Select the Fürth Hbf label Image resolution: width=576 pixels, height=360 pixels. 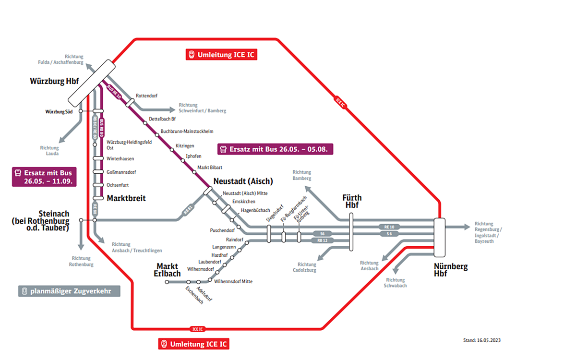(352, 201)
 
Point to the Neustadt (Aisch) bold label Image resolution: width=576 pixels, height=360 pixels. (243, 181)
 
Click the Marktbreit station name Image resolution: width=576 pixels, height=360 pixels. (126, 198)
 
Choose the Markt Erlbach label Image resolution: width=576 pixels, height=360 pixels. (167, 270)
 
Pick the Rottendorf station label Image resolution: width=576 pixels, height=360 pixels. (146, 95)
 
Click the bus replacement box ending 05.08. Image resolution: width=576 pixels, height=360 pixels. (275, 149)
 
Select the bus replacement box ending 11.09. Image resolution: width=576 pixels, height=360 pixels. (44, 177)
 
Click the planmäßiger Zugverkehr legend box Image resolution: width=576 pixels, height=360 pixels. (69, 291)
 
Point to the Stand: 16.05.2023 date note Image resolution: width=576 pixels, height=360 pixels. (482, 340)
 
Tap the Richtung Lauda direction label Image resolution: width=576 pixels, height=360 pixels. (49, 151)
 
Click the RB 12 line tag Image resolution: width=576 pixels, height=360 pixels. (323, 240)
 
